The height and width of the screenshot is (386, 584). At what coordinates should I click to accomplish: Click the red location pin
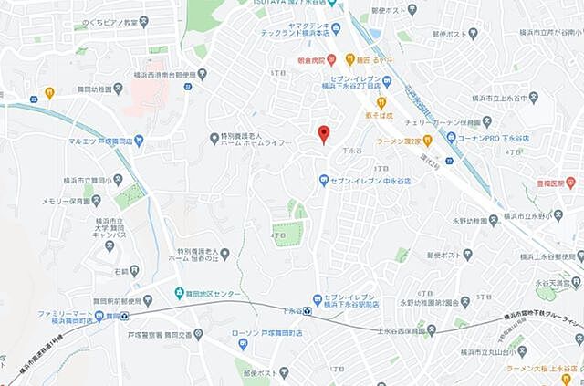pos(323,133)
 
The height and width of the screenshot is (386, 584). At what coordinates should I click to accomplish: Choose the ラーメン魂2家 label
pos(403,141)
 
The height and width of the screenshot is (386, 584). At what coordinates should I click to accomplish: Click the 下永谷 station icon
pos(308,311)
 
